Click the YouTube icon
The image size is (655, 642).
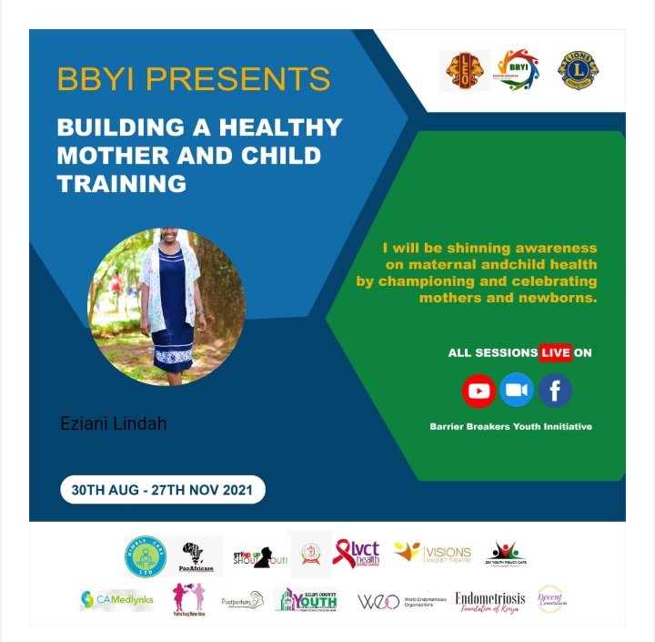point(479,392)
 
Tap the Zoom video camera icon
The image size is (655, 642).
point(517,391)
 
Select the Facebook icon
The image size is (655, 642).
point(554,392)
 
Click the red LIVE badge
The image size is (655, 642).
point(555,352)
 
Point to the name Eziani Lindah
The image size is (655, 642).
point(114,423)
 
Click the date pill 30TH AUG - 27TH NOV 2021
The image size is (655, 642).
point(163,490)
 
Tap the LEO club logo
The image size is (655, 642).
point(465,70)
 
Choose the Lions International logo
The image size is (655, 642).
point(578,70)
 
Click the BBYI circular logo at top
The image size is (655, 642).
point(518,70)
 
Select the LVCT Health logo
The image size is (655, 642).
point(356,554)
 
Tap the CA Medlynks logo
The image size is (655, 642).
point(116,599)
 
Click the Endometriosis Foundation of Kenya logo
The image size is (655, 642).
point(489,601)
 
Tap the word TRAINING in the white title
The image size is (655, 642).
point(121,182)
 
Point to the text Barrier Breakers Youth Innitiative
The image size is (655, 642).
point(510,426)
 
